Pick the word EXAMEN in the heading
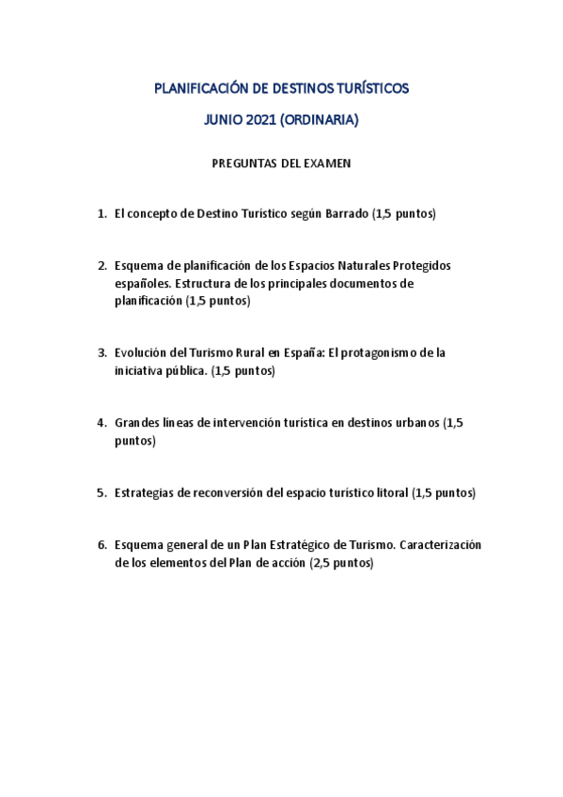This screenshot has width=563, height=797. [328, 163]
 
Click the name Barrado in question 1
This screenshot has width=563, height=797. [347, 213]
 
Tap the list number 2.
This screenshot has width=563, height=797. [102, 266]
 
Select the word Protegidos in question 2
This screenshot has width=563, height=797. [422, 266]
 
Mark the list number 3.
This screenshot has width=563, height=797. [102, 353]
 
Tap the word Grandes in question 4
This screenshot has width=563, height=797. [135, 423]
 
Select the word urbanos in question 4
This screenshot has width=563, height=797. [410, 423]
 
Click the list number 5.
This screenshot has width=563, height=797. [102, 492]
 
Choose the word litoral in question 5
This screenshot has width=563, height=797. [391, 492]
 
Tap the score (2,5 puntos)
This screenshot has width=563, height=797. [341, 563]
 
